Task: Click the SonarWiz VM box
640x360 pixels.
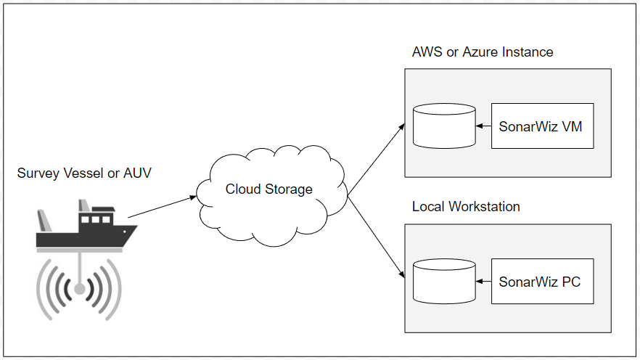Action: [542, 126]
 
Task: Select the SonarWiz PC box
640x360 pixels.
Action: [542, 281]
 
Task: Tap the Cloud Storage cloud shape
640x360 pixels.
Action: [268, 190]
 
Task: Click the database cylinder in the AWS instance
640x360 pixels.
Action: [444, 126]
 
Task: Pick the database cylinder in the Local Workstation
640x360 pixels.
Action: [444, 281]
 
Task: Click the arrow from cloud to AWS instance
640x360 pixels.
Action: [377, 160]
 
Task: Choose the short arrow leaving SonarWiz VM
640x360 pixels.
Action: [484, 126]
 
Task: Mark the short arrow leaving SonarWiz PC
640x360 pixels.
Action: [484, 281]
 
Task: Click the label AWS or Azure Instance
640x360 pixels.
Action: [483, 52]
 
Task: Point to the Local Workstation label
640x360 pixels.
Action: [466, 207]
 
